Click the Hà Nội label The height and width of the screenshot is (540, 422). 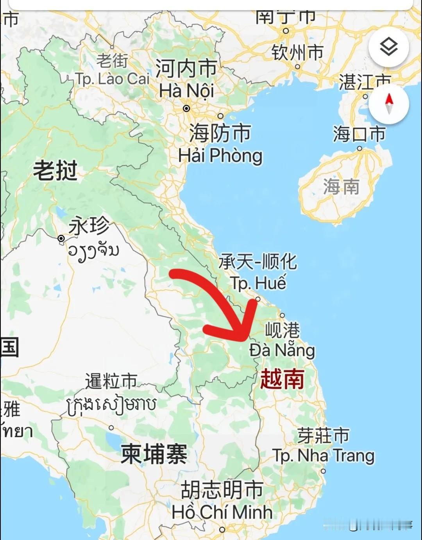(x=186, y=91)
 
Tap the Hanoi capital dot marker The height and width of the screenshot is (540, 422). (x=187, y=108)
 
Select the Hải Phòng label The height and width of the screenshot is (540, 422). (x=220, y=155)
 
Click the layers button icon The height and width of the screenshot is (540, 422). (x=389, y=47)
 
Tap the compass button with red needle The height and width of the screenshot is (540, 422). (x=389, y=104)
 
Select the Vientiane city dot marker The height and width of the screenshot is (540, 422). (x=61, y=238)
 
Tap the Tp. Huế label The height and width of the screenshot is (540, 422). (x=258, y=283)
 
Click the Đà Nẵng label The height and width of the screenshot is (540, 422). (x=282, y=350)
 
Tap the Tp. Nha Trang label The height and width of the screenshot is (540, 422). (x=323, y=455)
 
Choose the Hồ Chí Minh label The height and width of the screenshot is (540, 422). (x=222, y=512)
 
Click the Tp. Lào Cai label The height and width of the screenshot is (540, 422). (x=113, y=79)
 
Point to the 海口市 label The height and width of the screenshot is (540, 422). (x=359, y=134)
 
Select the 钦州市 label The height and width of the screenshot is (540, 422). (x=298, y=52)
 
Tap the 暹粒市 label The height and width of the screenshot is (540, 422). (x=111, y=381)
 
